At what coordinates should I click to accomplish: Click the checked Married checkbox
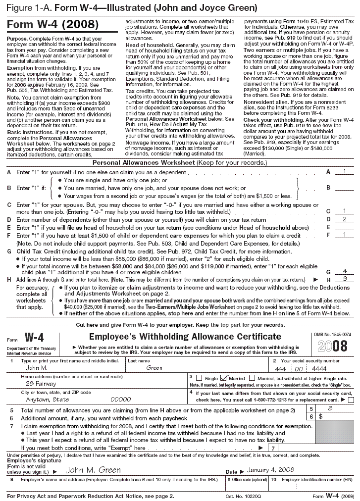click(x=223, y=378)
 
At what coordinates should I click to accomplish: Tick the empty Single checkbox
click(x=200, y=378)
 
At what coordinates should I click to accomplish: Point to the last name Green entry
click(x=155, y=368)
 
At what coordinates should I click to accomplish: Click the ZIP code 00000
click(x=120, y=399)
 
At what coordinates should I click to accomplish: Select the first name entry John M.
click(x=37, y=368)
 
